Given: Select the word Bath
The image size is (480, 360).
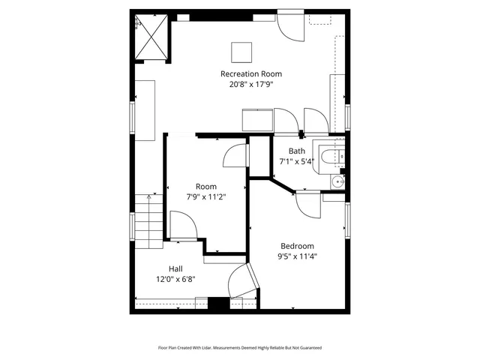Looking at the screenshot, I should (297, 151).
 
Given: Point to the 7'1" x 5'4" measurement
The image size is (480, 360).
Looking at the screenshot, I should (297, 161).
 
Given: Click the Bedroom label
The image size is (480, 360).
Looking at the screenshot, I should (297, 246).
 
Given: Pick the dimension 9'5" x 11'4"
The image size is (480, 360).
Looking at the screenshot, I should (297, 256).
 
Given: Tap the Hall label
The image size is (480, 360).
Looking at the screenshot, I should (175, 268).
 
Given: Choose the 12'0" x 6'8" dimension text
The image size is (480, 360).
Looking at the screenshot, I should (175, 279).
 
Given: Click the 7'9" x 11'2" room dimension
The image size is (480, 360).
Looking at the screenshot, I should (206, 196).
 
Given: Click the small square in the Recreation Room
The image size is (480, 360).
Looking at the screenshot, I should (241, 51).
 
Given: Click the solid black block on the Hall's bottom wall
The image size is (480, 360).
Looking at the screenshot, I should (217, 304).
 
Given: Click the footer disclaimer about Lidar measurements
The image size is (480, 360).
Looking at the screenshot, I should (240, 347).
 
